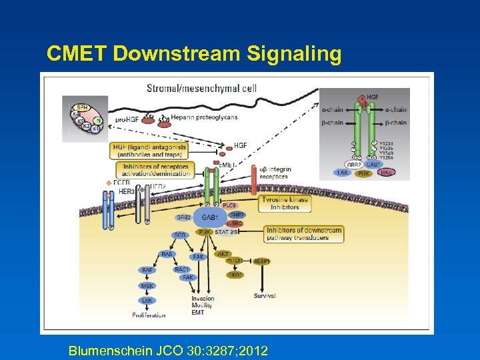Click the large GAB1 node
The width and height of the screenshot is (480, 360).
click(x=209, y=217)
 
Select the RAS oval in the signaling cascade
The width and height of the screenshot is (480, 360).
click(x=167, y=254)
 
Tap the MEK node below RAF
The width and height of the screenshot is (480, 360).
click(x=147, y=285)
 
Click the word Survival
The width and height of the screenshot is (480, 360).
click(x=265, y=295)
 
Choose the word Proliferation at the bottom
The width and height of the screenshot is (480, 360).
click(x=149, y=315)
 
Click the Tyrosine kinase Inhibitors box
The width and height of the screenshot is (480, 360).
click(x=285, y=203)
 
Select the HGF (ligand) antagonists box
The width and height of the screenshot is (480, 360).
click(x=149, y=150)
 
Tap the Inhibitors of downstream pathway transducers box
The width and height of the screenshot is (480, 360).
click(x=303, y=234)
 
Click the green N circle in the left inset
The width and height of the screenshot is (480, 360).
click(x=98, y=121)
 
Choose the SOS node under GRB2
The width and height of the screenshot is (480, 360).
click(x=179, y=235)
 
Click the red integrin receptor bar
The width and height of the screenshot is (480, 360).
click(x=254, y=179)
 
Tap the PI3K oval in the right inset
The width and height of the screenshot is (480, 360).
click(x=363, y=173)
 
